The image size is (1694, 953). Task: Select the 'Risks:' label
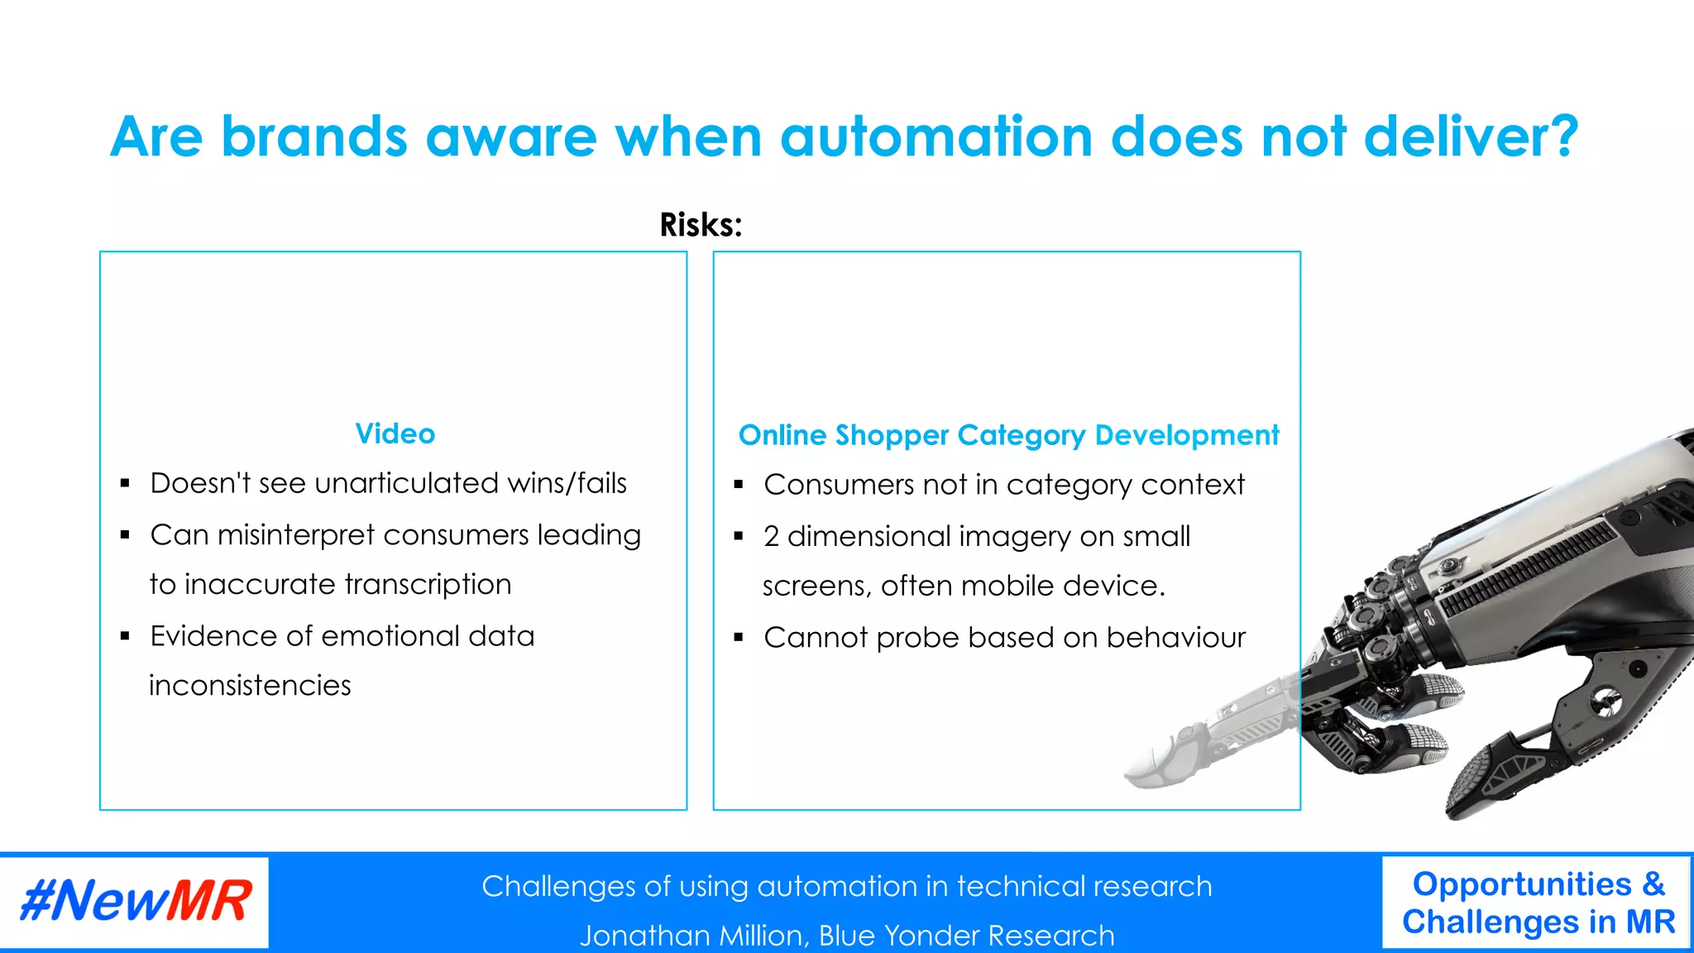(701, 225)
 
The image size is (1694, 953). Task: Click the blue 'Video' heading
(395, 433)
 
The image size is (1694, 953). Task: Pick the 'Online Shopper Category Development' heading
(1008, 435)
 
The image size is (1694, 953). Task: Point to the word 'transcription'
(428, 585)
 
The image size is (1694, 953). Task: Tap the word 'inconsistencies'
(250, 686)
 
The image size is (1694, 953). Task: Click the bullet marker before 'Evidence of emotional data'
(125, 636)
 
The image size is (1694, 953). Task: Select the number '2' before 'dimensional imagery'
(771, 537)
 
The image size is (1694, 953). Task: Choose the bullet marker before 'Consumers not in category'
(739, 485)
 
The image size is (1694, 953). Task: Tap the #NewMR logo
(135, 901)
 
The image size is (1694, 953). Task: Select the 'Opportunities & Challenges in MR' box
(1537, 903)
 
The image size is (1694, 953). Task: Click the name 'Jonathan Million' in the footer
(693, 936)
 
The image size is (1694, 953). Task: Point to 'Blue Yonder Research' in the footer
(966, 936)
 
